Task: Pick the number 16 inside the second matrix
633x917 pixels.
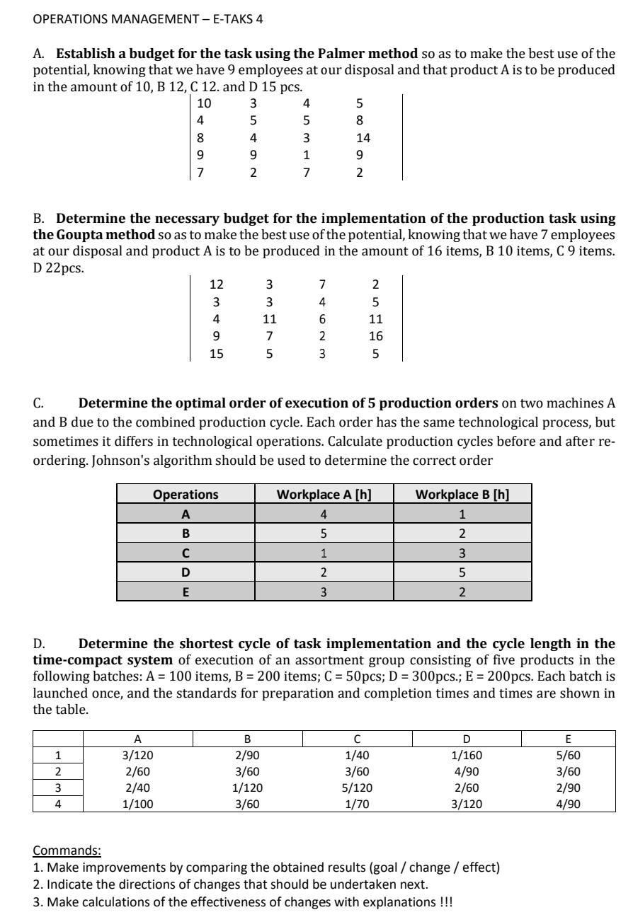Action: [375, 337]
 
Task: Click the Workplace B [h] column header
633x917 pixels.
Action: [462, 494]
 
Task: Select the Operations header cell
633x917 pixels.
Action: [186, 494]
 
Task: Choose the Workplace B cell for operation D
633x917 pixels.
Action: [462, 573]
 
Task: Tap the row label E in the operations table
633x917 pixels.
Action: [186, 592]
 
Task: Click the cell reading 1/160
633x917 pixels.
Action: [467, 755]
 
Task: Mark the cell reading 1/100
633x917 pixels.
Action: [137, 804]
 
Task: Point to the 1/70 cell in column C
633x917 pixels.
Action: [357, 804]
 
